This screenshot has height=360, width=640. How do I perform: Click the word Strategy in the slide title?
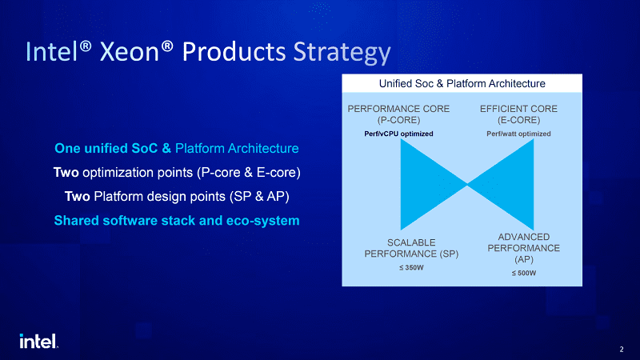(x=342, y=53)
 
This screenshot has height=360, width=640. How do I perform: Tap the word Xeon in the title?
(x=130, y=52)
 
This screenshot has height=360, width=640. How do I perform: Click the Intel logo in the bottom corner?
(x=38, y=342)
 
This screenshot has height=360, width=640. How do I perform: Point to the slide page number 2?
(x=622, y=350)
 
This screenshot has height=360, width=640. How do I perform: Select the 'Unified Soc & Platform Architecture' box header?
(x=462, y=84)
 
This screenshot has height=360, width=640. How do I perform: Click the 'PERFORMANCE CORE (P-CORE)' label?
(x=398, y=114)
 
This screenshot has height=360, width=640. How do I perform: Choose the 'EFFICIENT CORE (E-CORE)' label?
(x=518, y=114)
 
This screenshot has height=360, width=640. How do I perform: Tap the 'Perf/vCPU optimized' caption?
(x=398, y=134)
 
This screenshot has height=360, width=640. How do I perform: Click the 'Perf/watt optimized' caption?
(x=518, y=134)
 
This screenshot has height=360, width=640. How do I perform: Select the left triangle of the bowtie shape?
(x=425, y=185)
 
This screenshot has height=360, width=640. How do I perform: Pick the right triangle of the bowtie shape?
(x=510, y=185)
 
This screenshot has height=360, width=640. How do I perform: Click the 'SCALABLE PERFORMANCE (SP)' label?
(x=411, y=248)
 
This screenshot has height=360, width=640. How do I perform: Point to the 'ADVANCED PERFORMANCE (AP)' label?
(x=524, y=248)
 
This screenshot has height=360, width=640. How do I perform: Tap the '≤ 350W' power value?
(x=411, y=268)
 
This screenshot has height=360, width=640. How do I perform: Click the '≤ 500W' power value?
(x=524, y=273)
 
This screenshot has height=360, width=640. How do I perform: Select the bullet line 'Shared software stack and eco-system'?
(x=177, y=221)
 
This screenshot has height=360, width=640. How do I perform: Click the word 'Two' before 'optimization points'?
(x=66, y=172)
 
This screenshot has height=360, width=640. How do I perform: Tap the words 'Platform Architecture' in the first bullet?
(x=237, y=148)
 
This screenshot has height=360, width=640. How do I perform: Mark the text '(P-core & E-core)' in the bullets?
(x=249, y=173)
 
